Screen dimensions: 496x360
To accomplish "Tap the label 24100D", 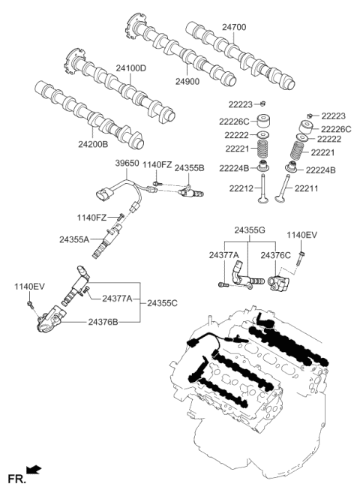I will pos(130,68).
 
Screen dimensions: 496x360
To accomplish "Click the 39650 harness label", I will pos(127,163).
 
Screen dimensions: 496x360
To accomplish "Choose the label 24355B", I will pos(189,169).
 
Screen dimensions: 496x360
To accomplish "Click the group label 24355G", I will pos(250,230).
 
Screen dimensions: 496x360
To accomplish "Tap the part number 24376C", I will pos(277,255).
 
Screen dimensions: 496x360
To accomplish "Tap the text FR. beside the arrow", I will pos(15,478).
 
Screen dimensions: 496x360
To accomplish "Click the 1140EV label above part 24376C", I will pos(303,235).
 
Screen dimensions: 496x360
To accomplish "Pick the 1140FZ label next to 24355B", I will pos(157,164).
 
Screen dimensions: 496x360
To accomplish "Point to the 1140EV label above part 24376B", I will pos(30,287).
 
